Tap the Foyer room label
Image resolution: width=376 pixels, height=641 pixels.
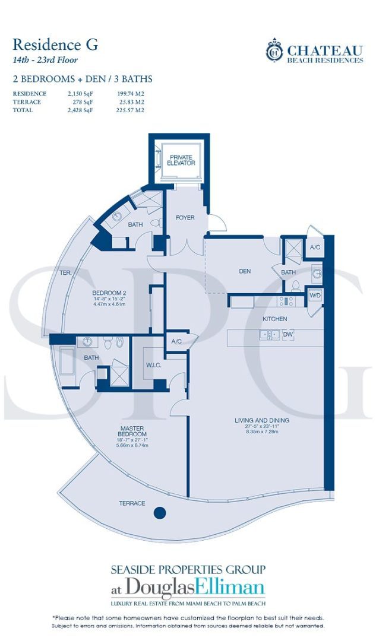coord(185,218)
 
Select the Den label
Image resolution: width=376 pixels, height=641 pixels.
coord(244,271)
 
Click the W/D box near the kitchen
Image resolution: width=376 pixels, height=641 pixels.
coord(314,294)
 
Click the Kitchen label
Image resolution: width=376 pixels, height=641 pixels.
coord(275,319)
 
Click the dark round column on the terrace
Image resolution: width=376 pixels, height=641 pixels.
coord(159,512)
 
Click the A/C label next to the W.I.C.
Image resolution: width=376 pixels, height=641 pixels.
coord(176,341)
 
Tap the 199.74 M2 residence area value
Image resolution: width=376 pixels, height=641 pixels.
coord(130,94)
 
